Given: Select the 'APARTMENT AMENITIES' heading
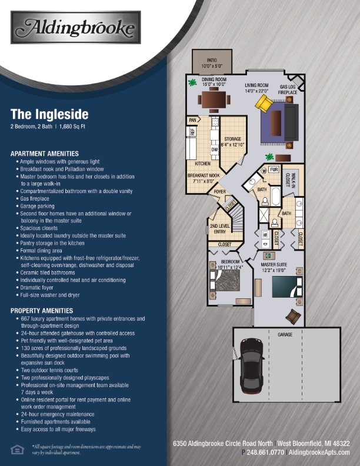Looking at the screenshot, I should pyautogui.click(x=45, y=153).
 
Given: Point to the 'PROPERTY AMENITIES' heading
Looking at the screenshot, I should pyautogui.click(x=42, y=310).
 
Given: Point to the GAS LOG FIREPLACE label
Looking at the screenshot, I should pyautogui.click(x=288, y=89).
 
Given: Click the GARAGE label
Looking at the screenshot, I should pyautogui.click(x=285, y=334).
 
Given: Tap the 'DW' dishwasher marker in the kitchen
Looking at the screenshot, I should pyautogui.click(x=215, y=149).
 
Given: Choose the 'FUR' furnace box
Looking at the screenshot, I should pyautogui.click(x=274, y=169).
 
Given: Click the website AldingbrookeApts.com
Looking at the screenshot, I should pyautogui.click(x=321, y=452).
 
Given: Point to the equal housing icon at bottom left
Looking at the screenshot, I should pyautogui.click(x=17, y=450).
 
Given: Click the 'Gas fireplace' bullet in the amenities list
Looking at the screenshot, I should pyautogui.click(x=36, y=199).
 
